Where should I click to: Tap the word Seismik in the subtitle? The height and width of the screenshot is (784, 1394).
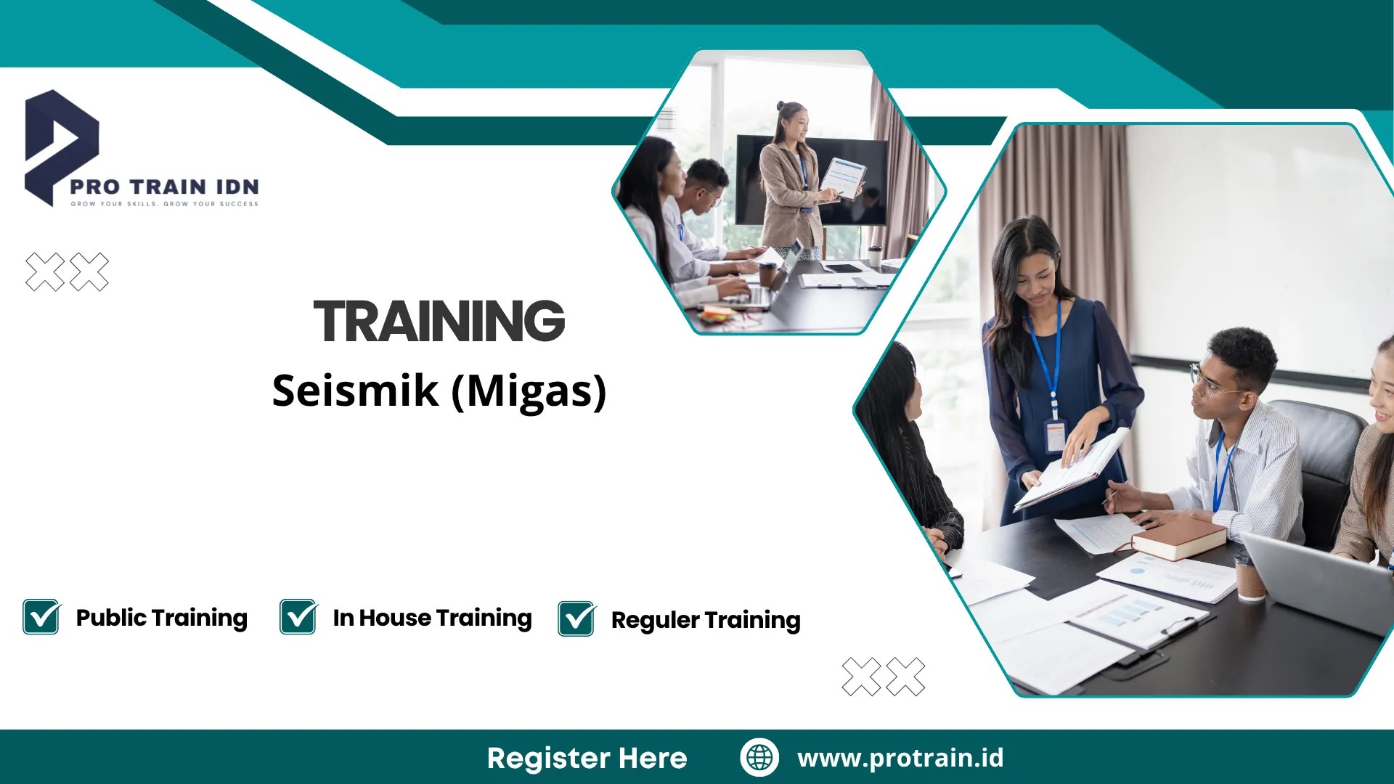[356, 391]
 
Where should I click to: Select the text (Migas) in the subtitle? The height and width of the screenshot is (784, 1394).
[529, 392]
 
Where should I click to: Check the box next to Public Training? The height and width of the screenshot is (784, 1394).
[41, 616]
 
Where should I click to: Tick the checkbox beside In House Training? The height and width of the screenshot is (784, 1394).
[298, 616]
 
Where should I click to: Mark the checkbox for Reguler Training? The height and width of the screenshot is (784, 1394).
[577, 618]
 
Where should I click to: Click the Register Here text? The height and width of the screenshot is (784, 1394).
[587, 758]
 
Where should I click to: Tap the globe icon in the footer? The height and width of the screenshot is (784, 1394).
[759, 757]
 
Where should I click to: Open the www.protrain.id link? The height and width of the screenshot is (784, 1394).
[900, 758]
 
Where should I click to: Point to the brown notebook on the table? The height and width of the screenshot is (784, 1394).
[1178, 538]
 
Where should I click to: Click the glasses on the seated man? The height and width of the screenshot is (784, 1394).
[1211, 383]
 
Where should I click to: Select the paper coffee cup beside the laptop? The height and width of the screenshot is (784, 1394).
[1250, 575]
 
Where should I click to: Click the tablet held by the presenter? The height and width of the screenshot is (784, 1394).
[844, 178]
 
